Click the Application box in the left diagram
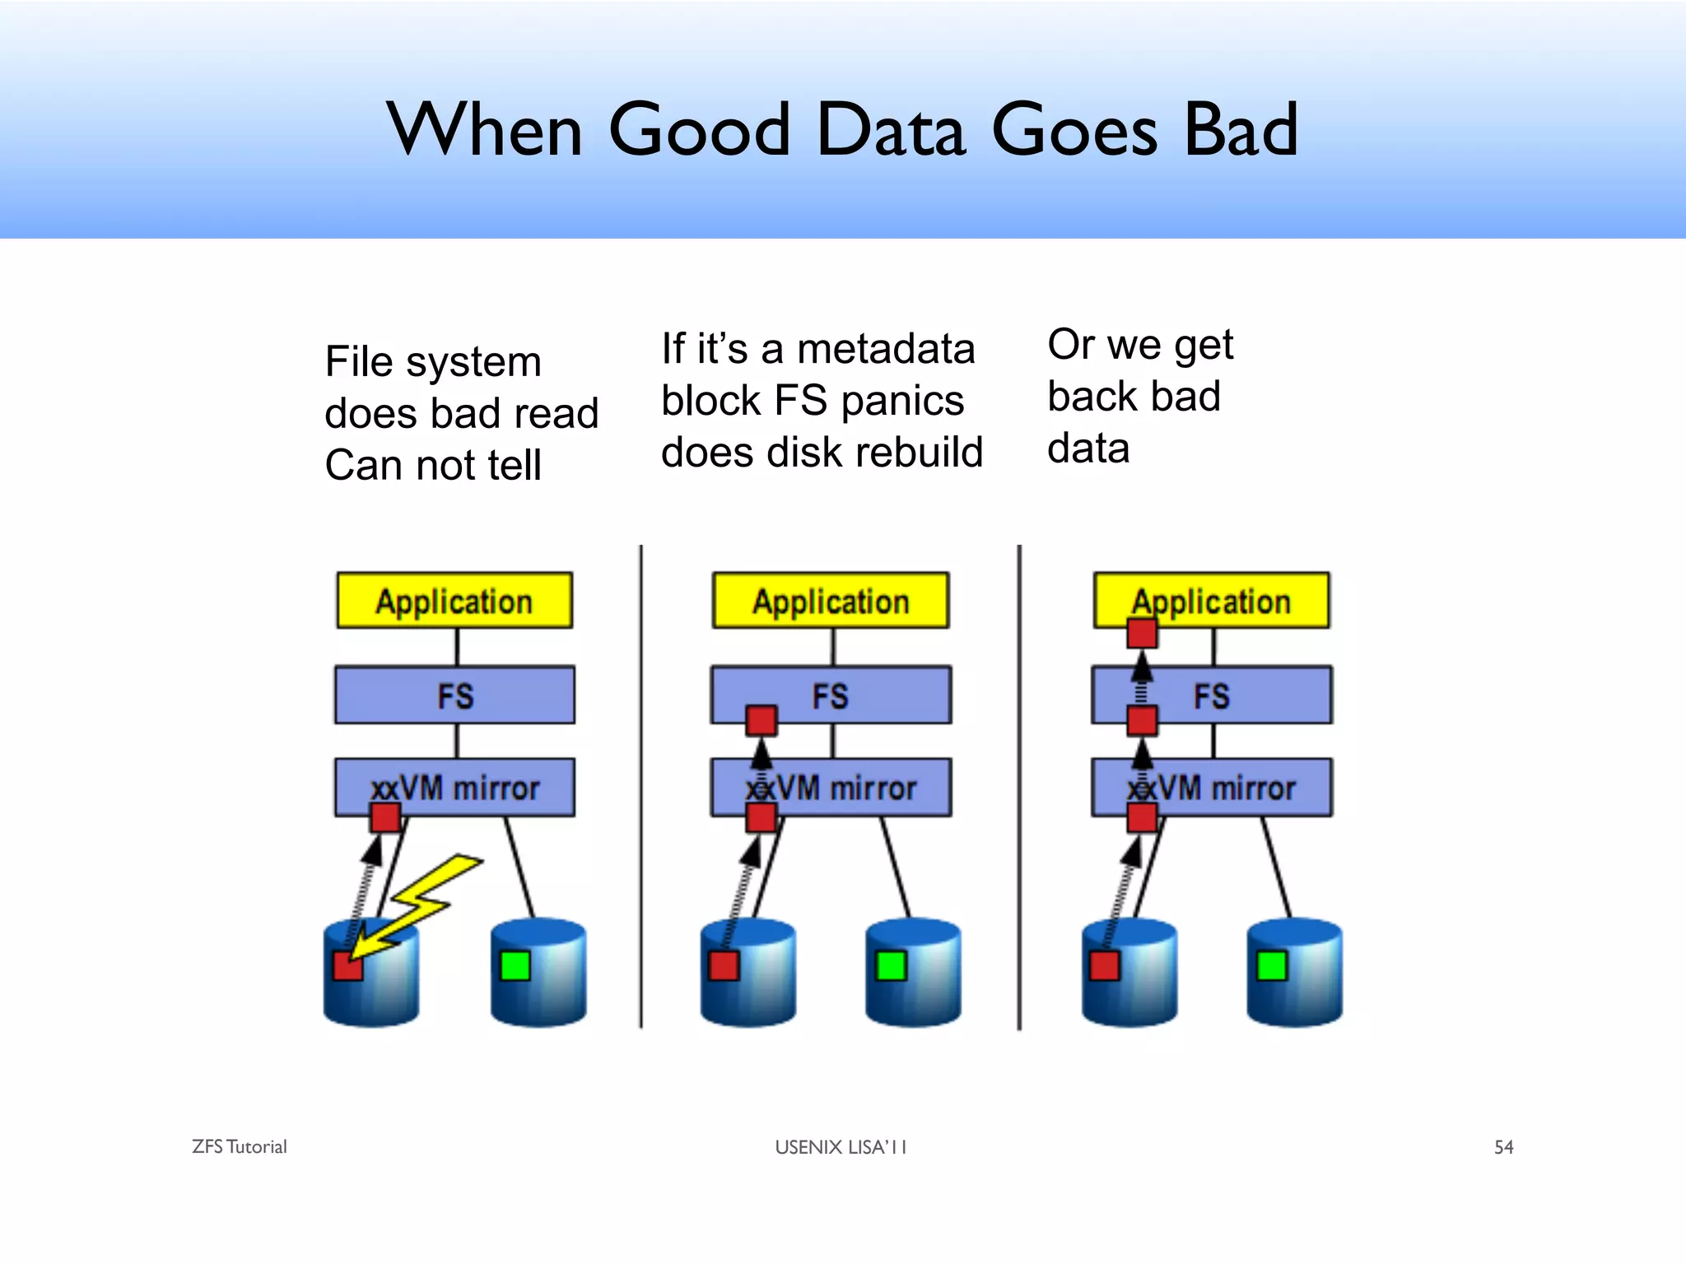(x=454, y=601)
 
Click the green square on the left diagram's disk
(x=515, y=965)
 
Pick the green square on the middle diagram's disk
(x=892, y=965)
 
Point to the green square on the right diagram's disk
(x=1272, y=965)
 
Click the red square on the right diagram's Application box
(x=1142, y=634)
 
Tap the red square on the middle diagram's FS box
(x=761, y=721)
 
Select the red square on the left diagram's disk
(x=347, y=966)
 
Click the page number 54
(x=1503, y=1147)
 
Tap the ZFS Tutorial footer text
(x=240, y=1147)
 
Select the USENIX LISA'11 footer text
(x=841, y=1147)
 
